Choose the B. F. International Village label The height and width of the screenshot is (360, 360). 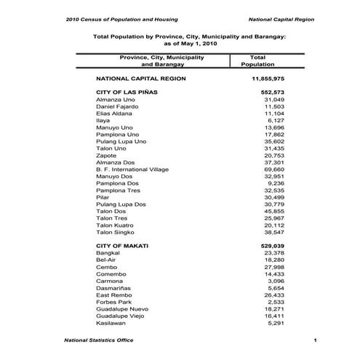(x=132, y=169)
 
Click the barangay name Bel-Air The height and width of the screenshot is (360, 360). (x=107, y=260)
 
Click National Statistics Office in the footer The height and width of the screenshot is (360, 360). (x=99, y=340)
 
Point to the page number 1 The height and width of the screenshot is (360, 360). (x=315, y=340)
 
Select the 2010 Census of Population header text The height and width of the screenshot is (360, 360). (x=121, y=19)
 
